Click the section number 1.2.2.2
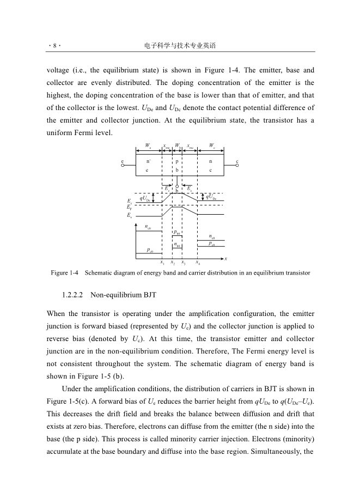tap(72, 295)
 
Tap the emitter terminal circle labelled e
tap(123, 166)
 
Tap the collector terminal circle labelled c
tap(237, 166)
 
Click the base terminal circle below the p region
tap(178, 185)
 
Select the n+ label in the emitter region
tap(149, 162)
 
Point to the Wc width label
tap(212, 146)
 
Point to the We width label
tap(148, 146)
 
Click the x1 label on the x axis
tap(162, 263)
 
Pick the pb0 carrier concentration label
tap(178, 233)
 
